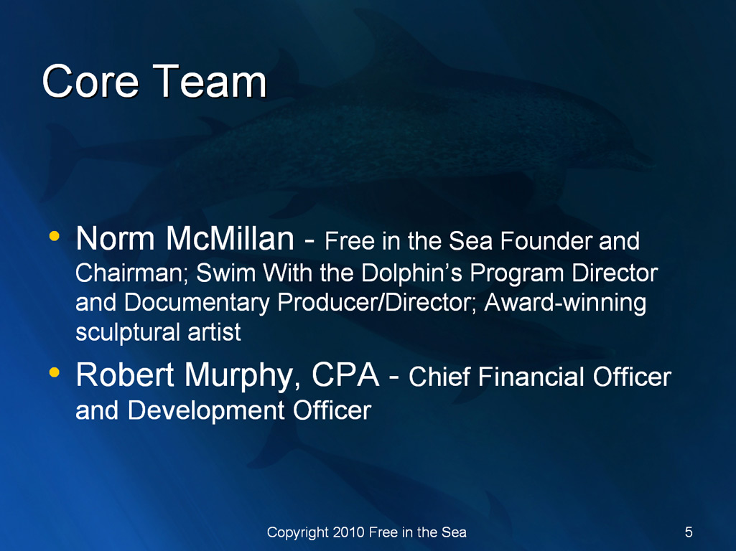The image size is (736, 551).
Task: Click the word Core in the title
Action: [x=90, y=82]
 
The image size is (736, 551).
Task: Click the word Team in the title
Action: [x=210, y=82]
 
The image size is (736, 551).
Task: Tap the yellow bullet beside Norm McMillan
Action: [x=55, y=236]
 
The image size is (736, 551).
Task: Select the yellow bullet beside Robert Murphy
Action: [x=55, y=372]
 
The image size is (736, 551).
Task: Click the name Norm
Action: [x=115, y=238]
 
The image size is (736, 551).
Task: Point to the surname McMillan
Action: [x=230, y=238]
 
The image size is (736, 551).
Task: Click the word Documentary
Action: [x=197, y=303]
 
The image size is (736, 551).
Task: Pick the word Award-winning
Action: [x=565, y=303]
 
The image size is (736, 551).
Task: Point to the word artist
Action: [x=215, y=332]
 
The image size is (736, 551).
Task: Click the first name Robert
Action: [x=125, y=375]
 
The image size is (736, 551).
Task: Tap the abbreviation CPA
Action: [x=345, y=375]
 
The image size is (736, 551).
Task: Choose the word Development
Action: [x=206, y=411]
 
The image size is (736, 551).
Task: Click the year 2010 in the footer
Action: [x=349, y=532]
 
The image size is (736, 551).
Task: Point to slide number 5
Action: [x=689, y=532]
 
